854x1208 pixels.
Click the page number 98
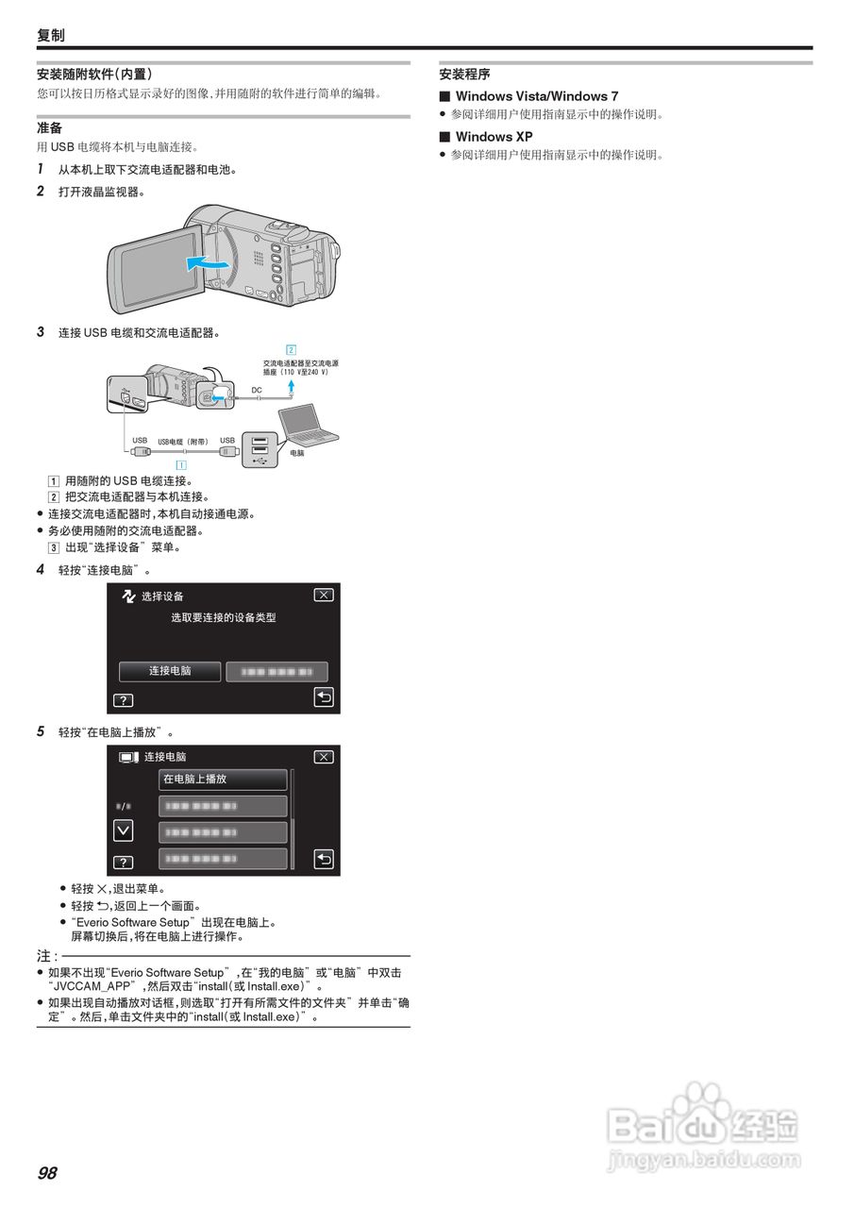[47, 1173]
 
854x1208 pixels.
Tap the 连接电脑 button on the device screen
[170, 671]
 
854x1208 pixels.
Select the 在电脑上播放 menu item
[223, 780]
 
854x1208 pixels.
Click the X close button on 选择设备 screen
[324, 596]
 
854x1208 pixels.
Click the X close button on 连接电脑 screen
[324, 757]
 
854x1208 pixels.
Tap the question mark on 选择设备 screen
[124, 700]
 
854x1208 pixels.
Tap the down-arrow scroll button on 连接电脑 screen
[123, 830]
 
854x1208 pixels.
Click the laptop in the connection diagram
[307, 422]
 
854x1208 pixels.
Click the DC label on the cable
[257, 390]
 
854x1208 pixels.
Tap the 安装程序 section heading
[464, 74]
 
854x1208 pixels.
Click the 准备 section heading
[49, 127]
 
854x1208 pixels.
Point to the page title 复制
[51, 35]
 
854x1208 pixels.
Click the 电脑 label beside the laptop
[298, 453]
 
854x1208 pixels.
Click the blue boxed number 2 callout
[292, 349]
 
